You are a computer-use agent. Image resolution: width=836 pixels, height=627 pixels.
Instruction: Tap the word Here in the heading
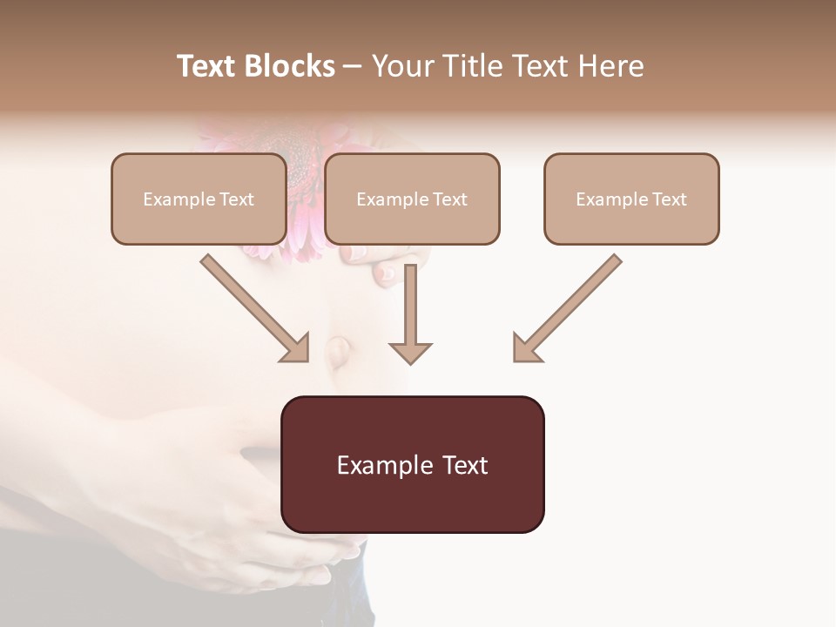[609, 66]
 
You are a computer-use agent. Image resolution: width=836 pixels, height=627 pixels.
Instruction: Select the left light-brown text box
[199, 199]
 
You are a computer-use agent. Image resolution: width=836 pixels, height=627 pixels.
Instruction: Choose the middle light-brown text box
[412, 199]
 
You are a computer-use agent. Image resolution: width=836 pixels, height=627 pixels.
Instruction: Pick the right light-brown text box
[631, 199]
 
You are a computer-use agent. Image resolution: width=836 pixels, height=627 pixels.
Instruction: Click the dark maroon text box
[412, 464]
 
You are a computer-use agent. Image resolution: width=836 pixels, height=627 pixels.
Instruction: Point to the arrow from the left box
[253, 307]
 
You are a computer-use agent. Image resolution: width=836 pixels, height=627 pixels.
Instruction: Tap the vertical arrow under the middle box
[410, 305]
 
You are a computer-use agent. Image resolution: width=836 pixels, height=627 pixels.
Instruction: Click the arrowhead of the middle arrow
[410, 352]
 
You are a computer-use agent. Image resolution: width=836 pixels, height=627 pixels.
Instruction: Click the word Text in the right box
[669, 199]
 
